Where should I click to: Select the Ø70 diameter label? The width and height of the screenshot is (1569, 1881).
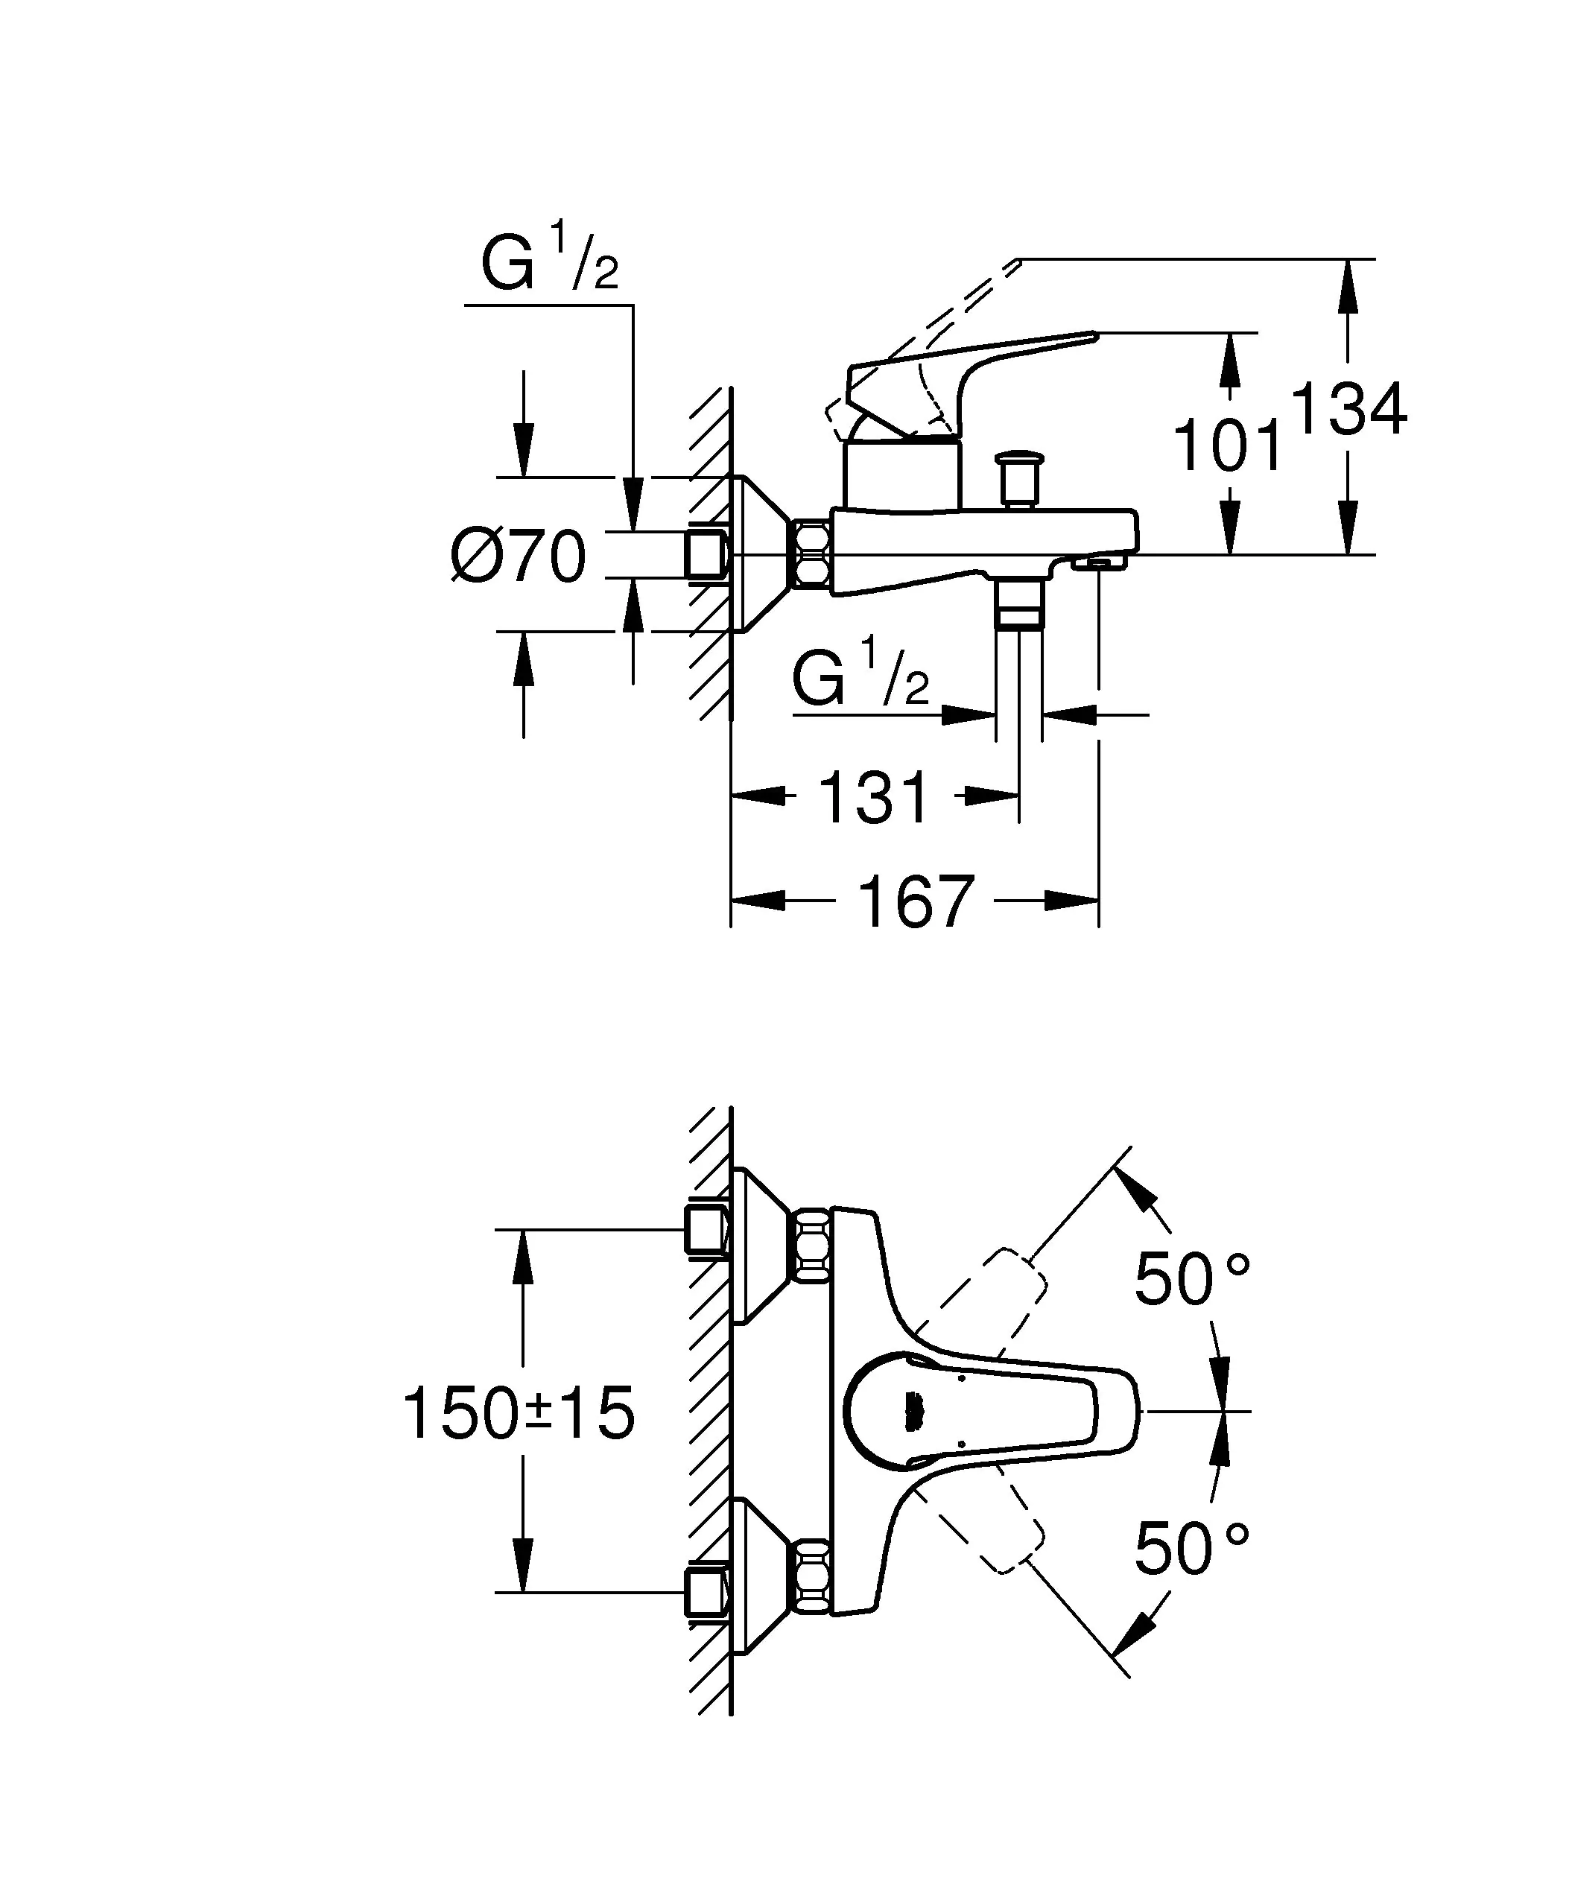coord(518,556)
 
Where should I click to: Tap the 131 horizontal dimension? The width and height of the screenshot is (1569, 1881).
coord(874,797)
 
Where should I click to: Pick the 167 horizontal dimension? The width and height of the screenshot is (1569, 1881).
coord(915,902)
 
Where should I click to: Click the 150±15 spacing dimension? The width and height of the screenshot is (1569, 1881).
coord(519,1413)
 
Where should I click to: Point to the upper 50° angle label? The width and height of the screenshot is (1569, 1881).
coord(1191,1278)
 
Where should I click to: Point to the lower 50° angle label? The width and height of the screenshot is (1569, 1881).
coord(1191,1549)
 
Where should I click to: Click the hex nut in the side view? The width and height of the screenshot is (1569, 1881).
coord(812,554)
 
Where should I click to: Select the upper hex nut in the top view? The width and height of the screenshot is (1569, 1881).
coord(812,1244)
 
